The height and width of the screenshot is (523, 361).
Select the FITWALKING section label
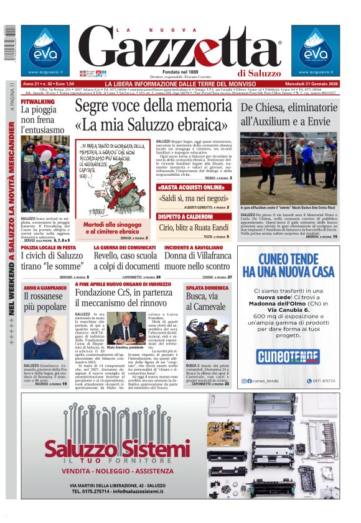tap(37, 101)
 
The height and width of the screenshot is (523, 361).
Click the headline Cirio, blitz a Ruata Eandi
tap(194, 227)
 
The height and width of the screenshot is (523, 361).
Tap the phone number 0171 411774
tap(322, 381)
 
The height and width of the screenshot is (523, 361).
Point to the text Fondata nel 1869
tap(180, 72)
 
